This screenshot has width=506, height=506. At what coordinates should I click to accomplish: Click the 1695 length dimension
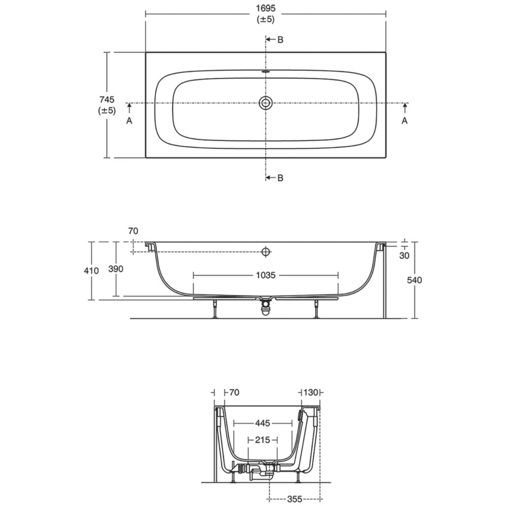pyautogui.click(x=266, y=9)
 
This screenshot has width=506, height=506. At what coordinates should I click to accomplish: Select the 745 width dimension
pyautogui.click(x=107, y=100)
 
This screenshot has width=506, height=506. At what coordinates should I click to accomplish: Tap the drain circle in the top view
pyautogui.click(x=266, y=103)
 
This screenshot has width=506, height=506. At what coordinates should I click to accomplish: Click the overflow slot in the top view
pyautogui.click(x=266, y=72)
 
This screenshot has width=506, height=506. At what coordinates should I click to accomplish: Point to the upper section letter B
pyautogui.click(x=280, y=39)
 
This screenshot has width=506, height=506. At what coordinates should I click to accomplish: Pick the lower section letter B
pyautogui.click(x=280, y=178)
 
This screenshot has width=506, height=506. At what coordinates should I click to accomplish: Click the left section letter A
pyautogui.click(x=129, y=121)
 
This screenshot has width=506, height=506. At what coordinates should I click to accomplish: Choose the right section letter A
pyautogui.click(x=404, y=121)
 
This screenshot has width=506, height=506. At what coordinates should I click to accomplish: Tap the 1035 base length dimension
pyautogui.click(x=266, y=275)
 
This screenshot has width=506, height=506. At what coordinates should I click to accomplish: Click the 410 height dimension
pyautogui.click(x=91, y=270)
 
